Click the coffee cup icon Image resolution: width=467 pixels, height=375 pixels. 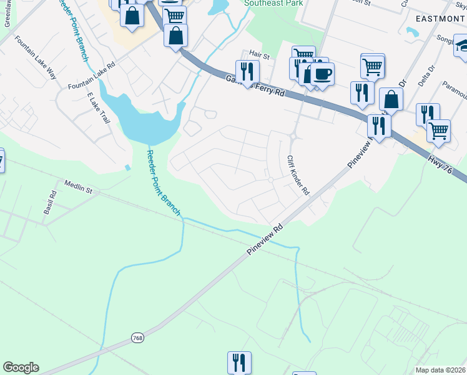[x=322, y=74]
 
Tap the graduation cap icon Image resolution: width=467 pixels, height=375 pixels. [x=462, y=46]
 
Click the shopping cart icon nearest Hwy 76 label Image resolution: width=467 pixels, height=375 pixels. [x=438, y=131]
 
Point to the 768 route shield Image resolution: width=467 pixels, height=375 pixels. [x=137, y=337]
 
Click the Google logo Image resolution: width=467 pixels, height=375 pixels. [x=21, y=367]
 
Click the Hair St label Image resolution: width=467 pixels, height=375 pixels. [x=258, y=56]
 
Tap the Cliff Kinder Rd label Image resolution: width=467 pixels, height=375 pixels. [x=298, y=176]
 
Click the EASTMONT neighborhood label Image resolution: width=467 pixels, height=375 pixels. [x=441, y=18]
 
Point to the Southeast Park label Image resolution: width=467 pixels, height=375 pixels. [x=273, y=3]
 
